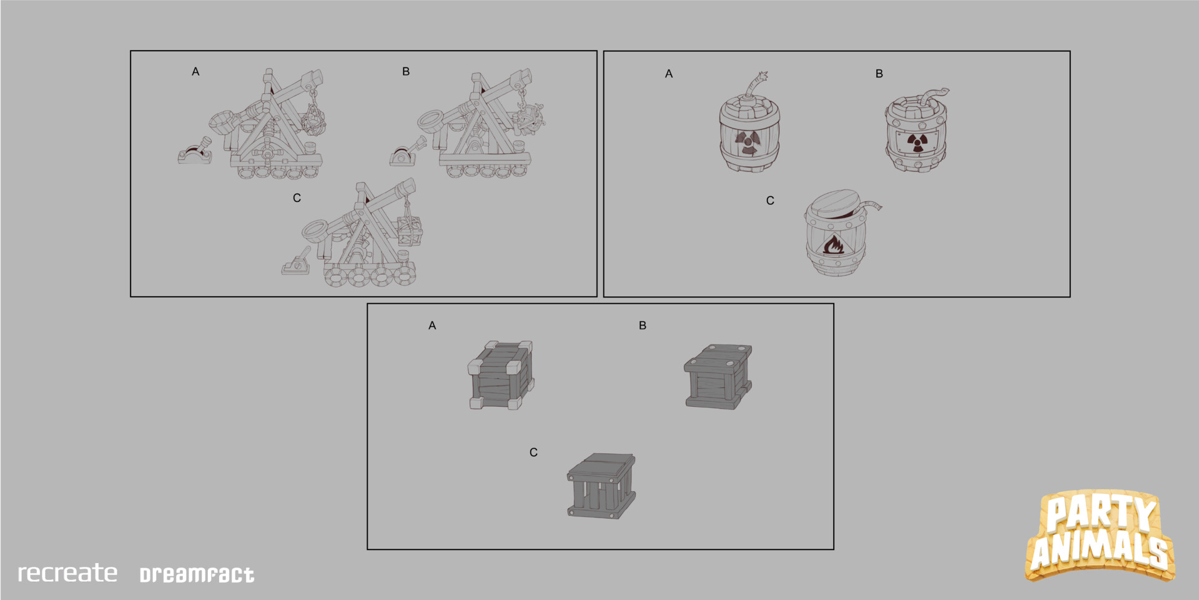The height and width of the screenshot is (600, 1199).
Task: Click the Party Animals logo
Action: click(x=1100, y=536)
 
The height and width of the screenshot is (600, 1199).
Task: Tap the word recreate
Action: click(x=67, y=573)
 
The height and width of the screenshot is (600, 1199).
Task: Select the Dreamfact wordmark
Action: click(x=197, y=575)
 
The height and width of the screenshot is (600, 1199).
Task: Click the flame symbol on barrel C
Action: click(x=834, y=244)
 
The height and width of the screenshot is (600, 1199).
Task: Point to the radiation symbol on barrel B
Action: click(x=916, y=143)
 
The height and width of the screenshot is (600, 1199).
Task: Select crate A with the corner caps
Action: click(x=501, y=375)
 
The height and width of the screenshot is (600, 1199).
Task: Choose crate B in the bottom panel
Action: click(x=718, y=377)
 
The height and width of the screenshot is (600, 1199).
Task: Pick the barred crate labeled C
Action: click(x=601, y=486)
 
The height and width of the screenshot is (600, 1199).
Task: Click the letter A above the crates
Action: click(x=432, y=326)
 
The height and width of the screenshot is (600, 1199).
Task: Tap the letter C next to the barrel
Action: click(x=770, y=201)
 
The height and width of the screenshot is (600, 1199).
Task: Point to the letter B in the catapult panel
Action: click(x=406, y=71)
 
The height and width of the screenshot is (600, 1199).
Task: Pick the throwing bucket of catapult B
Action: click(x=431, y=119)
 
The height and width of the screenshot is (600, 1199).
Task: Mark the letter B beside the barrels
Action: click(x=879, y=74)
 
